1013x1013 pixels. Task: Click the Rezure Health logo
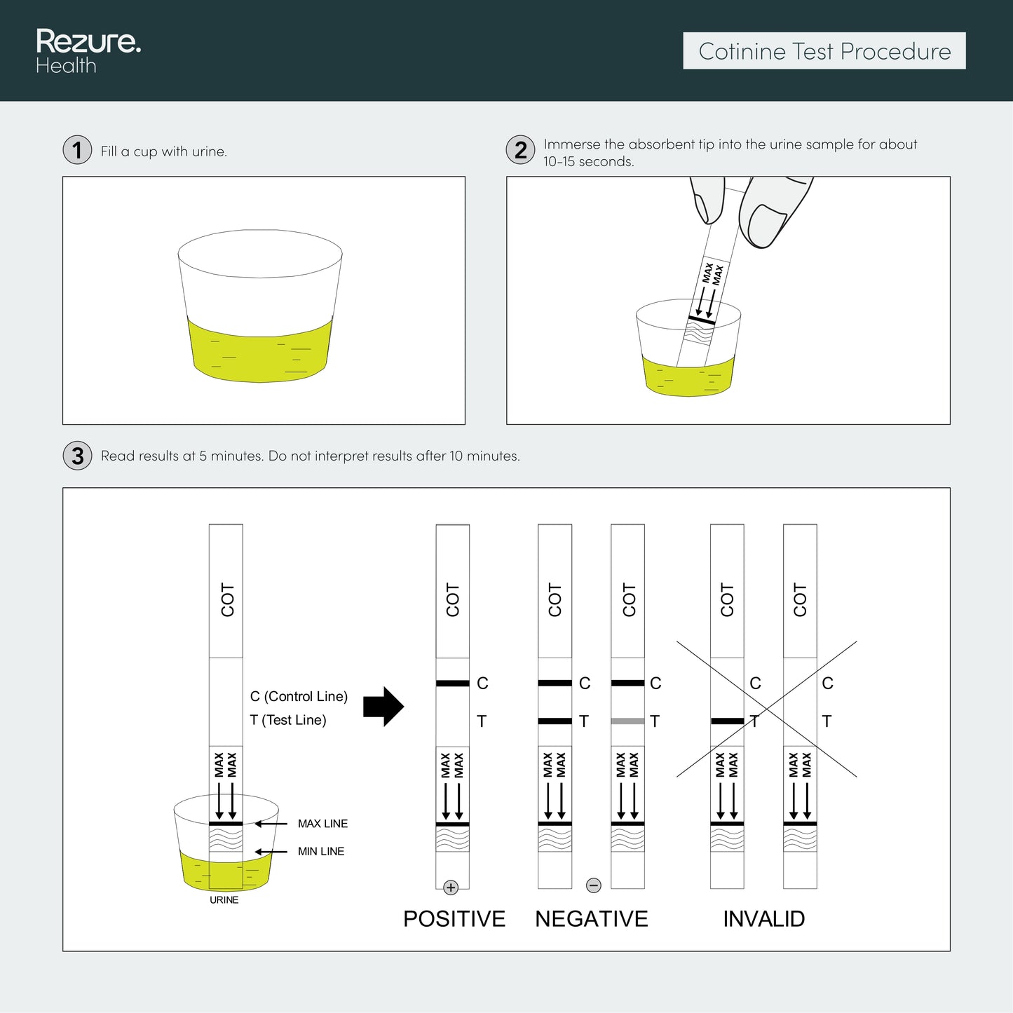(x=88, y=51)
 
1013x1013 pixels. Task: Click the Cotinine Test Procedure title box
(x=824, y=51)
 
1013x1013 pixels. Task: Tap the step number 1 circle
(x=77, y=150)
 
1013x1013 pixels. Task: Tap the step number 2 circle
(x=520, y=150)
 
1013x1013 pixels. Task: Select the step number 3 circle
(x=77, y=456)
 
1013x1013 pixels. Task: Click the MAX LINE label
(x=322, y=824)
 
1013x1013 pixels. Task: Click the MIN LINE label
(x=321, y=851)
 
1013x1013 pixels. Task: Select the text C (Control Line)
(x=299, y=696)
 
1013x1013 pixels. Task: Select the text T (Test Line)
(x=288, y=720)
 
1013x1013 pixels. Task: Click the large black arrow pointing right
(x=383, y=707)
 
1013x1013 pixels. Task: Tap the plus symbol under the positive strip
(x=451, y=888)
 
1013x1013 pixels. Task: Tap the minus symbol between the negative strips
(x=594, y=885)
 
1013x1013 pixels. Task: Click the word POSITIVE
(x=454, y=918)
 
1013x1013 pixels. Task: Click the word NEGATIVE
(x=592, y=918)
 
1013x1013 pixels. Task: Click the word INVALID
(x=763, y=918)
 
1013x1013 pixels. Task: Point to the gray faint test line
(x=627, y=721)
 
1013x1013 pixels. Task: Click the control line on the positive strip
(x=453, y=683)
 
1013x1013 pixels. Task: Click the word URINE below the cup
(x=224, y=900)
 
